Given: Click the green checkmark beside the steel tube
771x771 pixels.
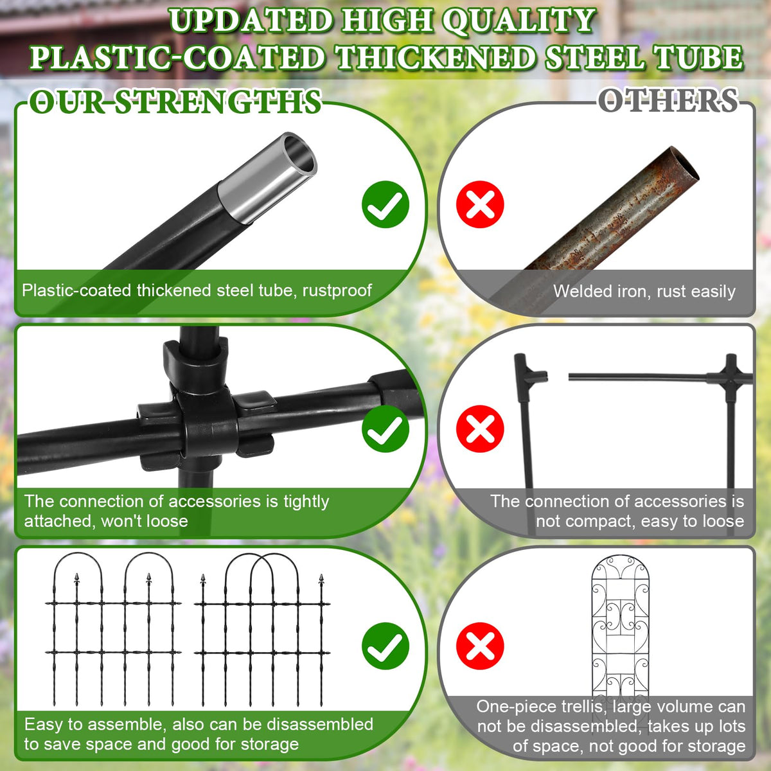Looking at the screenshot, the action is (385, 204).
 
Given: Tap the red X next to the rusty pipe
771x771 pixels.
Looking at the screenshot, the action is (480, 204).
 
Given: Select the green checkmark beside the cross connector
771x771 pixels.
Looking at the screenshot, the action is (385, 429).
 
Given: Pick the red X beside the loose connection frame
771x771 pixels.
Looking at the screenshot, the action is (480, 429).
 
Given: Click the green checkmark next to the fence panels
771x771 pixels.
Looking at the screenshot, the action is (385, 646).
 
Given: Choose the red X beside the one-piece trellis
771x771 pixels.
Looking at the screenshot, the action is (480, 646).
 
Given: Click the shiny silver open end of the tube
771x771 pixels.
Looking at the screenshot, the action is (298, 154).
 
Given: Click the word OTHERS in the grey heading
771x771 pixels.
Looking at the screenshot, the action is (668, 101).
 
